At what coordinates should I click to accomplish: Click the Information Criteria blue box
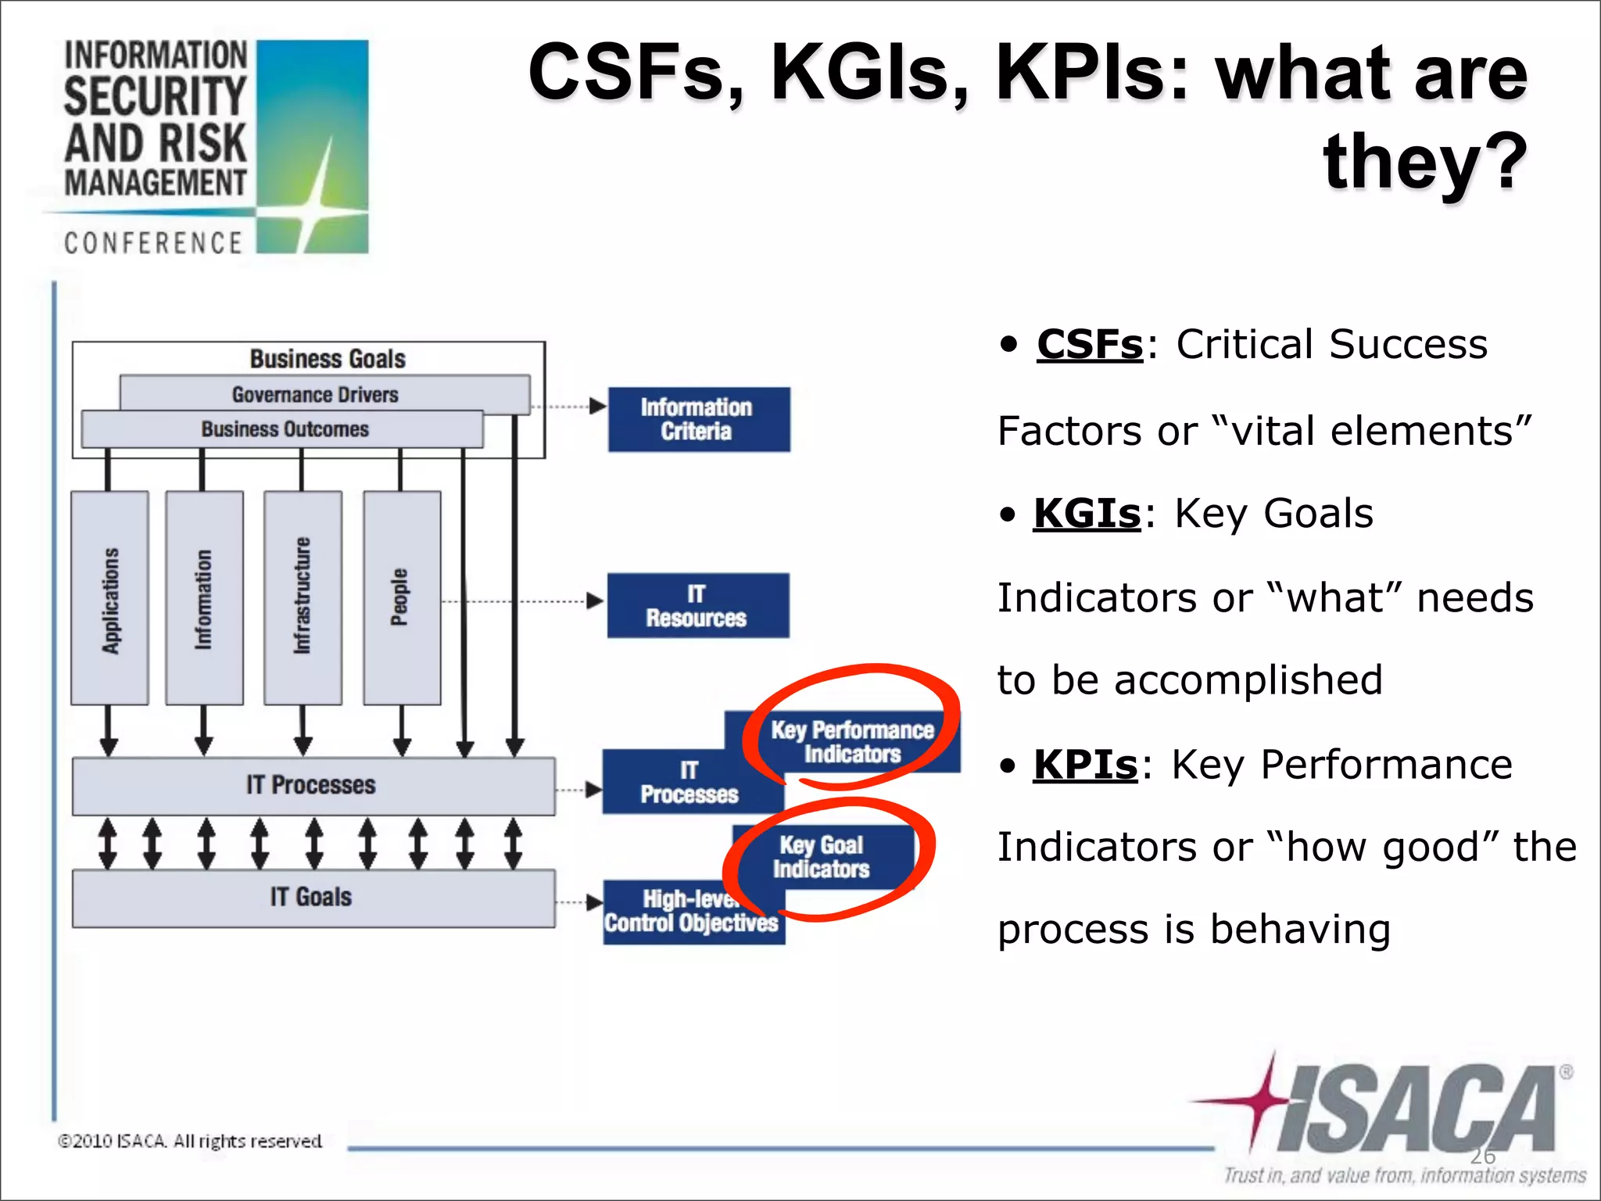pos(699,419)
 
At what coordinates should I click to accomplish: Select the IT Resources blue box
pos(697,606)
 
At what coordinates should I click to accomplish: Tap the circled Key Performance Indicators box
pos(852,741)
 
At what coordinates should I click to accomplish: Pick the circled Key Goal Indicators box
pos(822,857)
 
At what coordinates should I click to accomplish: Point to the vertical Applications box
pos(109,598)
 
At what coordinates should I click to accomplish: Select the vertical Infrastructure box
pos(303,598)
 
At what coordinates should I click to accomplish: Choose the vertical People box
pos(401,598)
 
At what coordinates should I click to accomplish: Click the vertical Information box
pos(204,598)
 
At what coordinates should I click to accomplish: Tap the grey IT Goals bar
pos(313,898)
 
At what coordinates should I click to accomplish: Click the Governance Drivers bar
pos(316,394)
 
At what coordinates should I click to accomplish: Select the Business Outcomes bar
pos(285,429)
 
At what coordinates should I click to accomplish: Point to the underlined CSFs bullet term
pos(1090,344)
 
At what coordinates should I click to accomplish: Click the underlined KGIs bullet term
pos(1087,514)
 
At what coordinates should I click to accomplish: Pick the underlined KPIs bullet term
pos(1085,765)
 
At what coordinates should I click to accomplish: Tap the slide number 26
pos(1482,1156)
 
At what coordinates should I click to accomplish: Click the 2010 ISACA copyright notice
pos(190,1142)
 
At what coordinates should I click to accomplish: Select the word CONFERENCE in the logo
pos(153,243)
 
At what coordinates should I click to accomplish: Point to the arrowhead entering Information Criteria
pos(598,406)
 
